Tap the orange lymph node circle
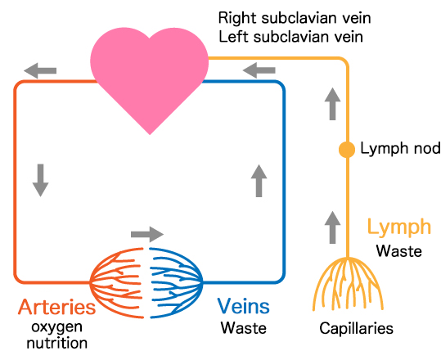point(347,150)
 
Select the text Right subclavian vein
point(295,18)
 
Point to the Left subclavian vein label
point(290,37)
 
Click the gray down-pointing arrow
point(41,180)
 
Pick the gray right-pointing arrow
point(147,234)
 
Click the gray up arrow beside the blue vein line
point(259,181)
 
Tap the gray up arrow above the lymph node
point(332,104)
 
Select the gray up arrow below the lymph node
point(332,227)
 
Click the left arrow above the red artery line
point(40,70)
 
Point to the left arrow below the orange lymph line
point(259,70)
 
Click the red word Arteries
point(57,307)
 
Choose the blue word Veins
point(243,306)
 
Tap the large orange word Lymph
point(399,227)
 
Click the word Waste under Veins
point(244,328)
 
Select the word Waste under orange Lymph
point(399,251)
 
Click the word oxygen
point(57,328)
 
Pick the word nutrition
point(57,344)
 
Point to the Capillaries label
point(357,329)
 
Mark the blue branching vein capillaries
point(176,282)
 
